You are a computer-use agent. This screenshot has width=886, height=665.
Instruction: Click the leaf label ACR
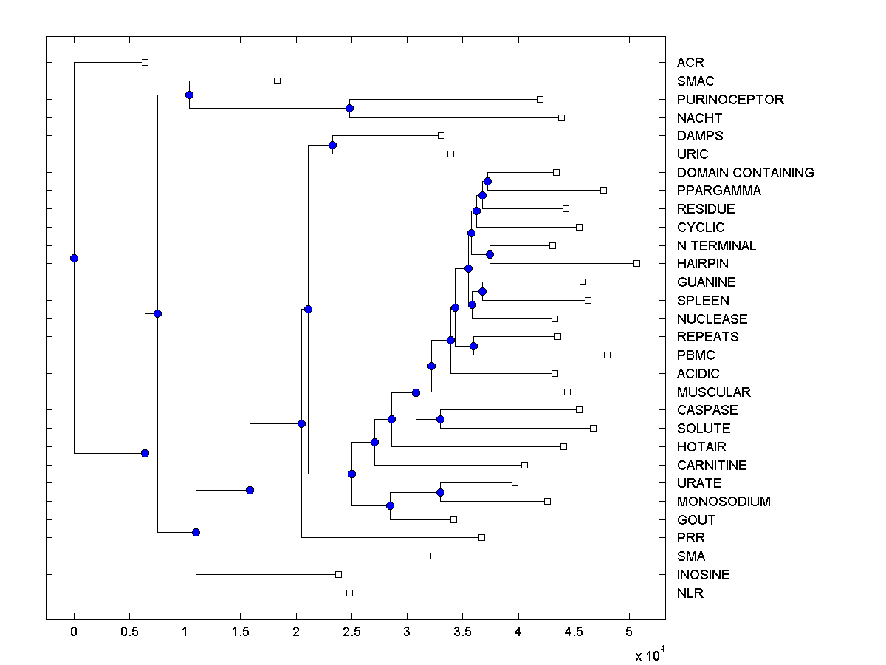coord(690,63)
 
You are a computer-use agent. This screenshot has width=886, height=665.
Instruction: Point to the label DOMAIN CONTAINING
coord(745,172)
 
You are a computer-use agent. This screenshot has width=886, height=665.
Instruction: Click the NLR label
coord(690,593)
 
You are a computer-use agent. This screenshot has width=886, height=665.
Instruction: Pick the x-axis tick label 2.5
coord(351,633)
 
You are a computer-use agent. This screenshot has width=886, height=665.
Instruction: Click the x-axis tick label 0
coord(74,633)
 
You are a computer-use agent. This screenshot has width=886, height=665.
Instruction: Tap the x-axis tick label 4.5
coord(574,633)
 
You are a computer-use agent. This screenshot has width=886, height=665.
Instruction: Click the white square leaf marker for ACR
coord(145,62)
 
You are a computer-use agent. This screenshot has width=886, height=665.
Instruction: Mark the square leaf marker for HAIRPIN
coord(636,263)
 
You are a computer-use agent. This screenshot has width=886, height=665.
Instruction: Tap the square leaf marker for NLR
coord(349,593)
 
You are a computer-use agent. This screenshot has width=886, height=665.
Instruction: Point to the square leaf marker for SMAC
coord(277,81)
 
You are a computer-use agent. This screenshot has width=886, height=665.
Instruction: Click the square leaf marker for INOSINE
coord(338,574)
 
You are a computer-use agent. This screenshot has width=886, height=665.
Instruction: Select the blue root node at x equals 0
coord(74,258)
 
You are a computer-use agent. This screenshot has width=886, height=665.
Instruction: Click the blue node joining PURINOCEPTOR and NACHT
coord(350,109)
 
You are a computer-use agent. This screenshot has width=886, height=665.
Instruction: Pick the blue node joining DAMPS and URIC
coord(332,145)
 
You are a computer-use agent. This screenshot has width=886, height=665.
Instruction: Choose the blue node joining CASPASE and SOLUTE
coord(440,419)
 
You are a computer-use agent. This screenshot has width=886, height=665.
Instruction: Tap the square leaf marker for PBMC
coord(607,355)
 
